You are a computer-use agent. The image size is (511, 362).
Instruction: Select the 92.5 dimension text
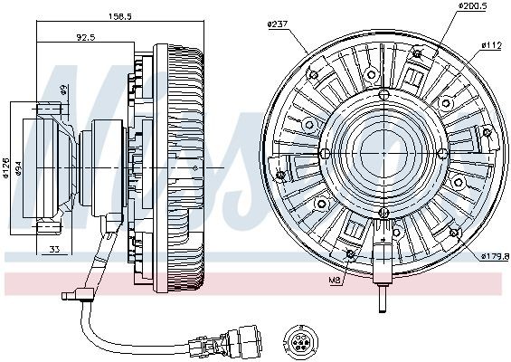tap(88, 38)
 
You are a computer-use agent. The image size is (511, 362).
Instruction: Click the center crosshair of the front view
tap(384, 155)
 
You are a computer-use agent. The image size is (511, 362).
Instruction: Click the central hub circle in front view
tap(384, 155)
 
